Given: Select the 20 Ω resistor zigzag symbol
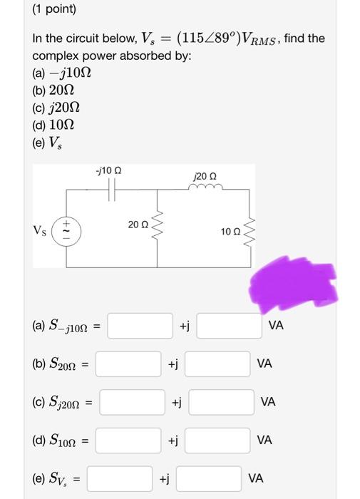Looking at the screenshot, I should tap(157, 226).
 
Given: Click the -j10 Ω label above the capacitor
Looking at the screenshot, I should tap(108, 172).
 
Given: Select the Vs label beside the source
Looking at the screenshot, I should tap(41, 230).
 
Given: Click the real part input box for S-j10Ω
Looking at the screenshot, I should tap(140, 326).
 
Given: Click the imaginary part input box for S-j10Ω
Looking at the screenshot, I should tap(230, 326).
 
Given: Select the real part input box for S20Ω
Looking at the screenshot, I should tap(128, 364).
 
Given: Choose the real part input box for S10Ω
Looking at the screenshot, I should tap(128, 440).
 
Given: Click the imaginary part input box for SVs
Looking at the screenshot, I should tap(209, 478).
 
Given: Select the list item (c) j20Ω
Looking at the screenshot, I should tap(56, 108).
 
